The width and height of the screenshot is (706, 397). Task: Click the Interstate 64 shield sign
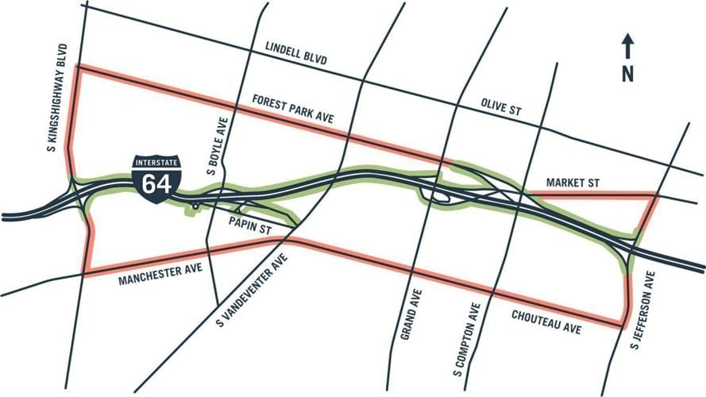[156, 177]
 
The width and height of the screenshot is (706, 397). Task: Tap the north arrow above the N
[627, 47]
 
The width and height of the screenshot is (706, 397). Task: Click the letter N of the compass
[627, 74]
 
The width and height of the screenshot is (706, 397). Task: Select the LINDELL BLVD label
[297, 56]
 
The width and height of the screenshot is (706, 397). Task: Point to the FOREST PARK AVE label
[293, 108]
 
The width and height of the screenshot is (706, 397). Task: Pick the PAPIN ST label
[250, 225]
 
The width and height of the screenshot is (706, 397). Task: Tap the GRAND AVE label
[407, 315]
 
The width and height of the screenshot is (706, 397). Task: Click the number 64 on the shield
[156, 183]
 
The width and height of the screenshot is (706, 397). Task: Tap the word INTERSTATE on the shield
[156, 163]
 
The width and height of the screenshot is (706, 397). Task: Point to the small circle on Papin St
[195, 206]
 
